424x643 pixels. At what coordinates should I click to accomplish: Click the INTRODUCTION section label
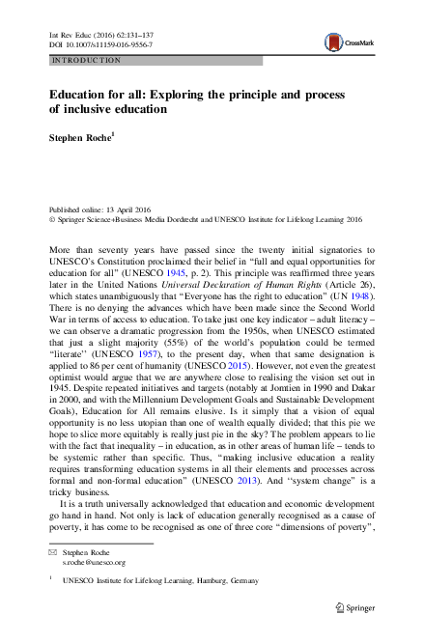pyautogui.click(x=85, y=60)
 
